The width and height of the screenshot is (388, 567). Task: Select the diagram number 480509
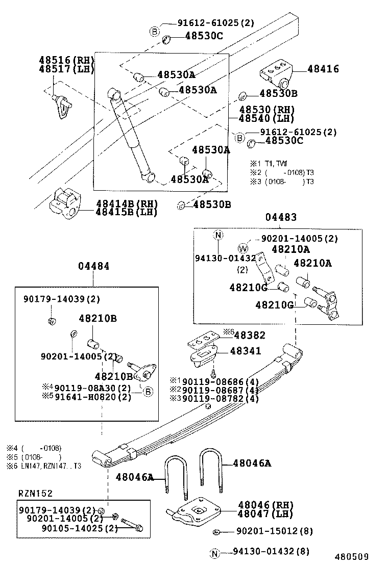351,556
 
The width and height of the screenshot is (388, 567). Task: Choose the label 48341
246,351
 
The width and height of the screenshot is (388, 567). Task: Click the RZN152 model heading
36,493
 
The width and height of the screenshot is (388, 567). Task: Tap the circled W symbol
243,248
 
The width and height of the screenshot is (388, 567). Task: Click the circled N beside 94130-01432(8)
215,552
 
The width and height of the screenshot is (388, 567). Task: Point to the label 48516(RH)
66,60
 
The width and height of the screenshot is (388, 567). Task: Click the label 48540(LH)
267,118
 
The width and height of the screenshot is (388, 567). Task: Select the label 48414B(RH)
127,203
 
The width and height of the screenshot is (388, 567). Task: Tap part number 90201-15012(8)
274,531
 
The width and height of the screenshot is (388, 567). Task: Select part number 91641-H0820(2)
92,397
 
